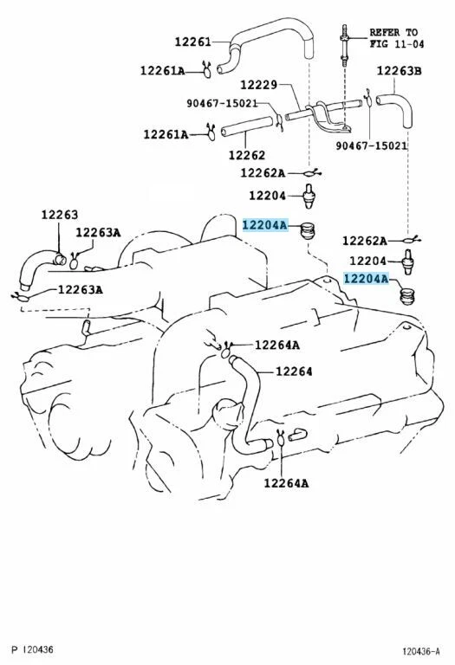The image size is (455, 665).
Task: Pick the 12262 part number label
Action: pyautogui.click(x=246, y=156)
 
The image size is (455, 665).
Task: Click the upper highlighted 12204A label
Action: pyautogui.click(x=264, y=225)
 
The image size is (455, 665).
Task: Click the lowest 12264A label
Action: pyautogui.click(x=286, y=483)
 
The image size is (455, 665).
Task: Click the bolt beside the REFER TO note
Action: pyautogui.click(x=344, y=39)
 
